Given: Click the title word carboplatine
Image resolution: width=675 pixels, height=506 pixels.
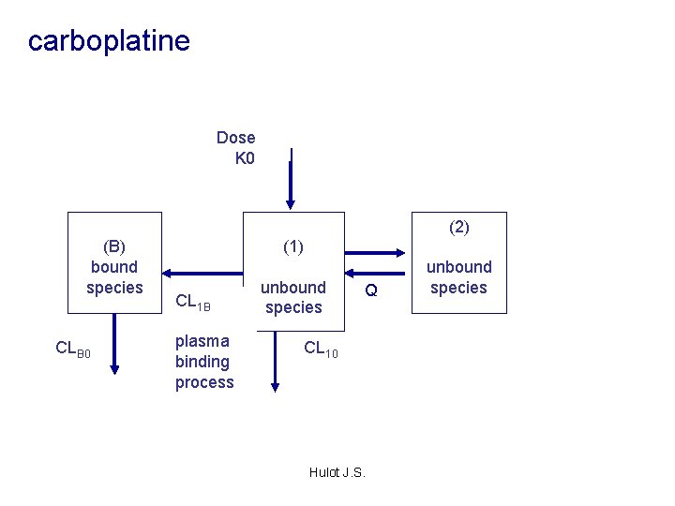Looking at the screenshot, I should point(109,41).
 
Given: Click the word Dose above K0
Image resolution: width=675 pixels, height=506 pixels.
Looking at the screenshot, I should point(235,138).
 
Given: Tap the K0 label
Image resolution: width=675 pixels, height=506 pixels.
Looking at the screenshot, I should point(244,158).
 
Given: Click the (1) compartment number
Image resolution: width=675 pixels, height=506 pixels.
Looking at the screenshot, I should point(293,246).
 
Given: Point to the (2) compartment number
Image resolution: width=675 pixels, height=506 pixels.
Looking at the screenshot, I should point(458,227).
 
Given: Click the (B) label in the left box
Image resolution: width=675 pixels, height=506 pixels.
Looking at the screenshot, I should point(114,246).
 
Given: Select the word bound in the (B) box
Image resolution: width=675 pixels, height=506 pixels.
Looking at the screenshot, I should point(114,267).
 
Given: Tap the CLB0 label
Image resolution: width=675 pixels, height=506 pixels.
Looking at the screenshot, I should point(73,349).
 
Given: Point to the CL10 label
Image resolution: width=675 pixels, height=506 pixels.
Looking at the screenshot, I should point(321,350).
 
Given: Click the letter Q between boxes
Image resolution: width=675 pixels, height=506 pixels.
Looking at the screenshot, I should point(371,291).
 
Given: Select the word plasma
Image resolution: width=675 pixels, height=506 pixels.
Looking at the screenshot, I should point(202,341).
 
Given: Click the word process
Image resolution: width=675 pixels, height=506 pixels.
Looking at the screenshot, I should point(204,382).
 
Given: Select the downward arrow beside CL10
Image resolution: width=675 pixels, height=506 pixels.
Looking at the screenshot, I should point(275,361).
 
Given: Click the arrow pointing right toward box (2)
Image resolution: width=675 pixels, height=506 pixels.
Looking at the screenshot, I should point(375,252).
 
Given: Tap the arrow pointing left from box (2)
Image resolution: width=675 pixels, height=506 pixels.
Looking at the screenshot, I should point(375,274).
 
